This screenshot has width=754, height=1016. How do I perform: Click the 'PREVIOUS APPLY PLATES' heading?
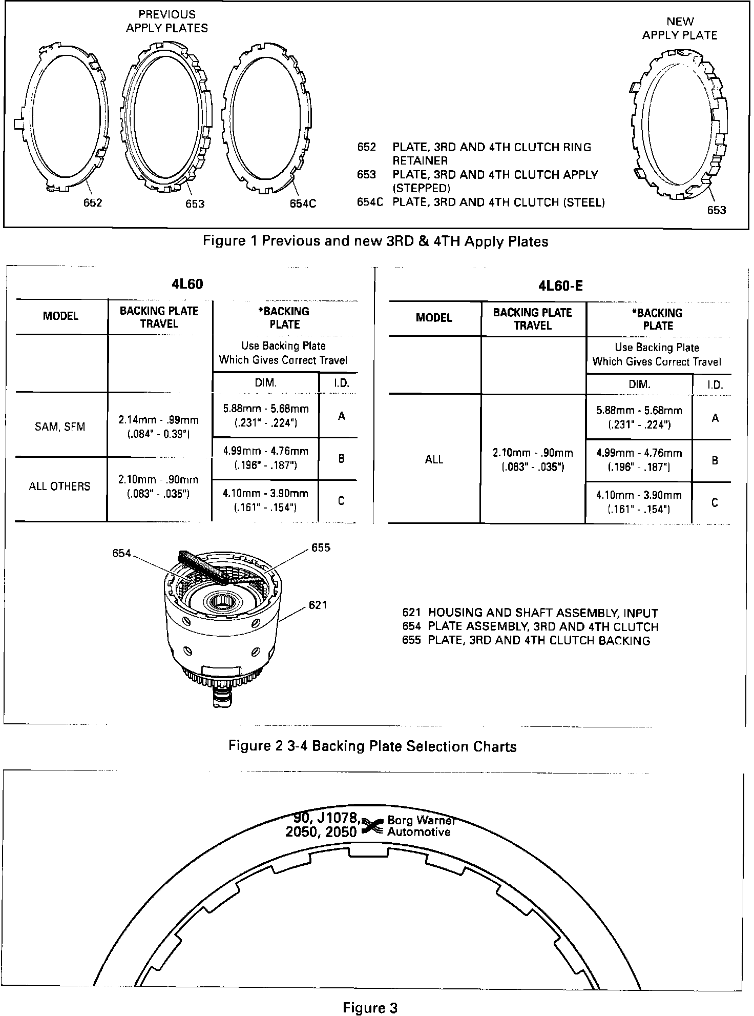click(x=167, y=22)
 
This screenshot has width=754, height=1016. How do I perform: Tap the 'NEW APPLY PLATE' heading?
click(x=680, y=28)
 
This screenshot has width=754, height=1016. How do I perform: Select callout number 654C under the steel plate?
click(x=303, y=204)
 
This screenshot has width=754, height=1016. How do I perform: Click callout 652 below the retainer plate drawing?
click(x=93, y=202)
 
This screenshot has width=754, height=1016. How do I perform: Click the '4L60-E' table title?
click(x=560, y=285)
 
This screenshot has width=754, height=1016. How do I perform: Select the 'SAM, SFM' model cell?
click(x=60, y=426)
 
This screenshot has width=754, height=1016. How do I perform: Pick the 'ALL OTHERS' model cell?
click(x=59, y=486)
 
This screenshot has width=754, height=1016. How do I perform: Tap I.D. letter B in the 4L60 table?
click(x=341, y=459)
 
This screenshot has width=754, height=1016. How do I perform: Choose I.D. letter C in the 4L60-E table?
click(x=715, y=503)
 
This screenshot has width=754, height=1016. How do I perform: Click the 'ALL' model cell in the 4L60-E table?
click(x=434, y=459)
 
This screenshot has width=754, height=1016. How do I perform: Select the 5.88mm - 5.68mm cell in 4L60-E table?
click(x=639, y=417)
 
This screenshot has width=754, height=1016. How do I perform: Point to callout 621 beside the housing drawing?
click(x=318, y=605)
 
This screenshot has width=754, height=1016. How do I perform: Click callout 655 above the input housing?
click(x=321, y=547)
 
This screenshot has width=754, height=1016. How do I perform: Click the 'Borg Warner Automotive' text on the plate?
click(x=420, y=826)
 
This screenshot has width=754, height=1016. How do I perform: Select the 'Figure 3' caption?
click(x=370, y=994)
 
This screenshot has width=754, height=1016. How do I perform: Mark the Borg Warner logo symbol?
click(x=373, y=826)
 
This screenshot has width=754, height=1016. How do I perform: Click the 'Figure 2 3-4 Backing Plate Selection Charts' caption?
click(x=372, y=746)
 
